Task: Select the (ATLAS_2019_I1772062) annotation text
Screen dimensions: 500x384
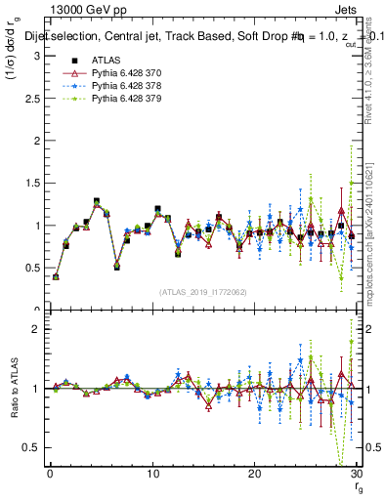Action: coord(203,291)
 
